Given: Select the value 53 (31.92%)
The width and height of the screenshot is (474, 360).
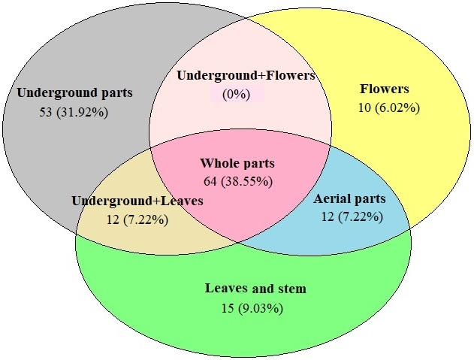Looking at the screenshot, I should click(x=74, y=113).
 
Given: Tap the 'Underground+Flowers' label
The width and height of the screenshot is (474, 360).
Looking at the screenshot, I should click(x=245, y=75).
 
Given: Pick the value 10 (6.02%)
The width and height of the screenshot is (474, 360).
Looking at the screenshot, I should click(x=388, y=107).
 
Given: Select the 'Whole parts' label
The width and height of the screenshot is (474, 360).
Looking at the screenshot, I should click(x=237, y=163).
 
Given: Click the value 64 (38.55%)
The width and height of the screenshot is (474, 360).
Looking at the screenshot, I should click(x=238, y=181).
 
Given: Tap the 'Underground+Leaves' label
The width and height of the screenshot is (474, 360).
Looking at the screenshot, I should click(x=137, y=201).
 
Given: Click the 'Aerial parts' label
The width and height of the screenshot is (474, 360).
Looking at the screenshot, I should click(x=349, y=199).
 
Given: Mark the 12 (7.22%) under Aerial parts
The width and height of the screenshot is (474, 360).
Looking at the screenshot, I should click(x=350, y=217).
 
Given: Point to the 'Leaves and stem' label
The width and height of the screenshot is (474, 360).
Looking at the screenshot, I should click(x=255, y=289).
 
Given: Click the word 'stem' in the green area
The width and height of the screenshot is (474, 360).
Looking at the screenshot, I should click(x=291, y=289).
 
